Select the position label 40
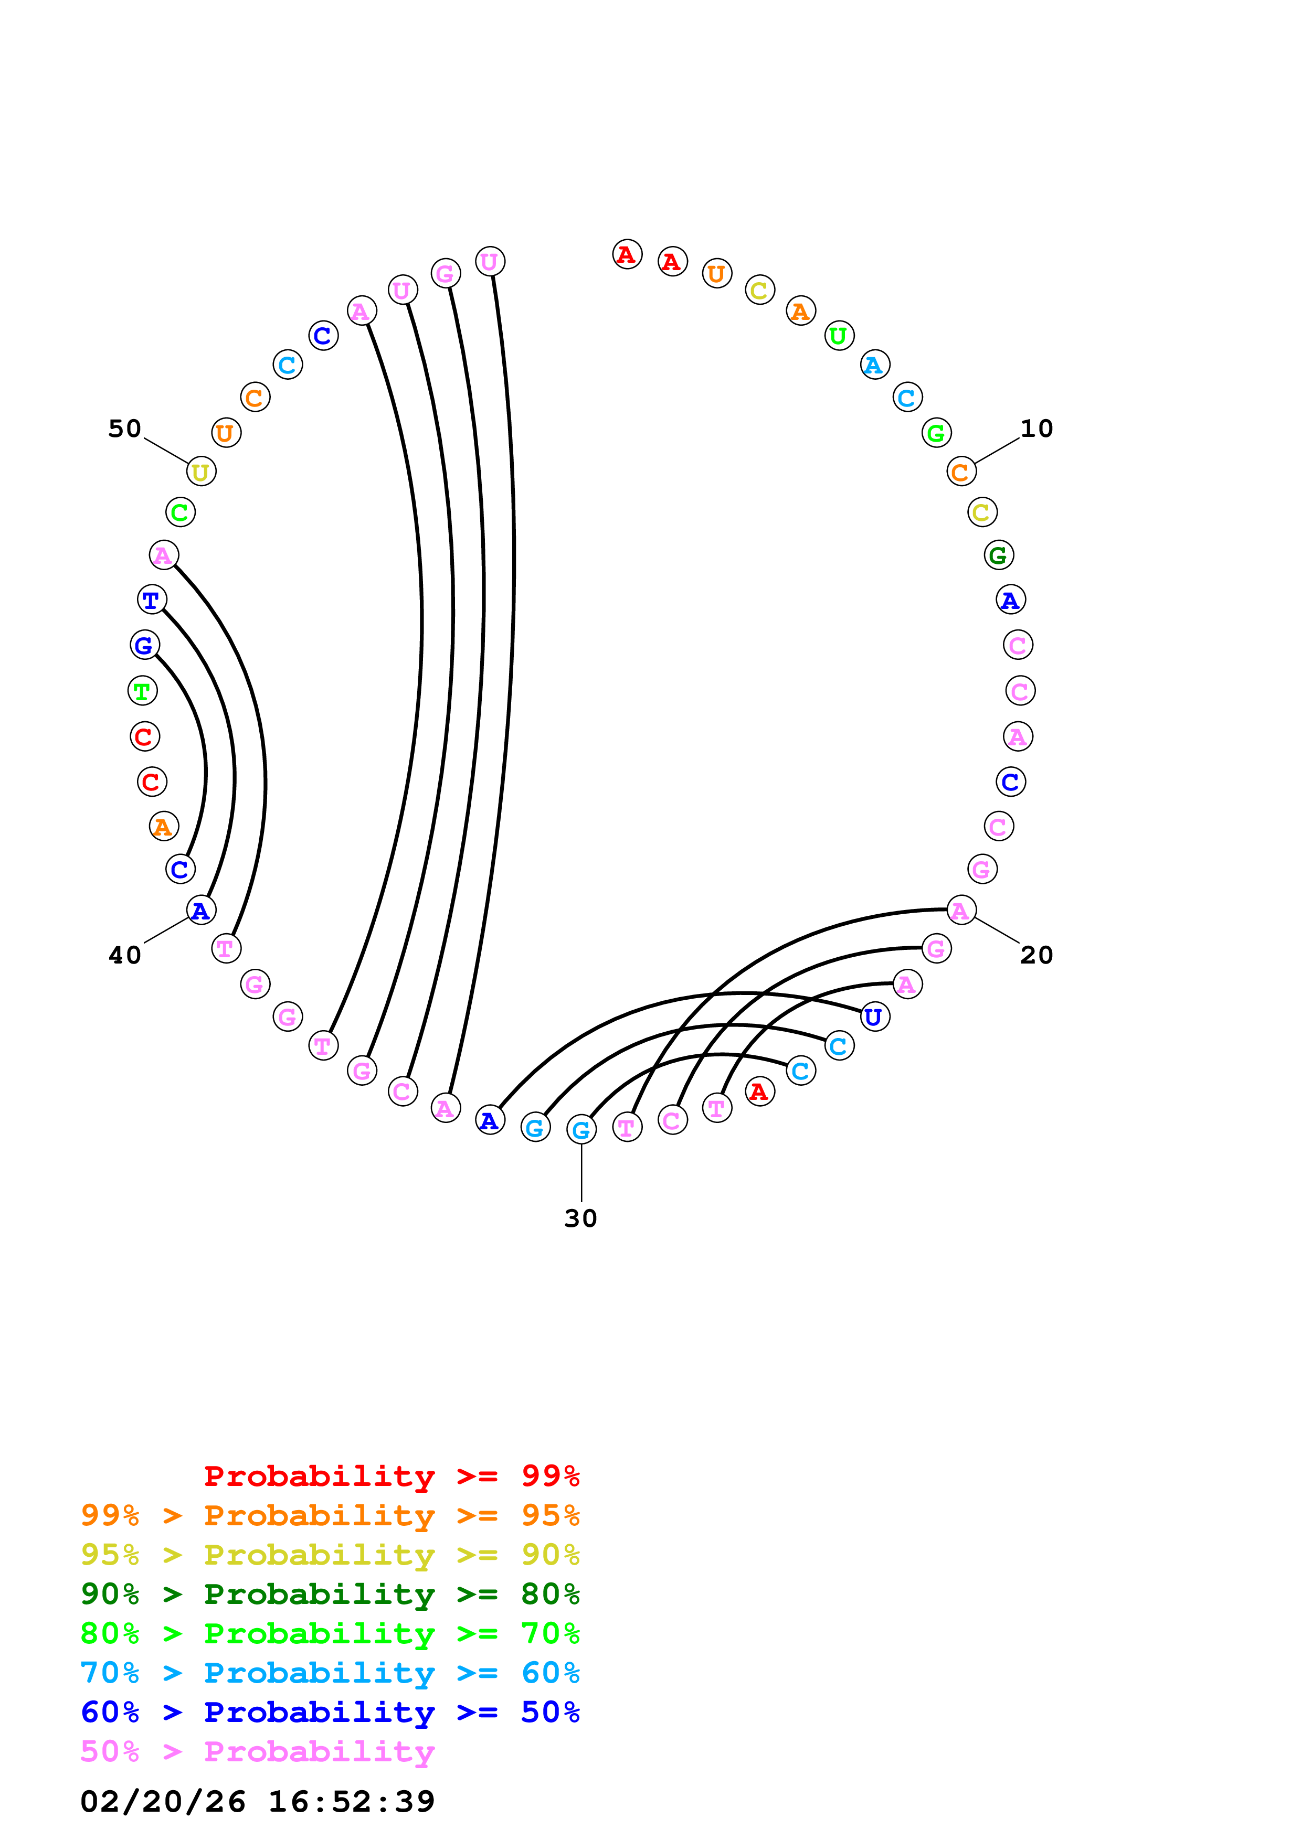pos(125,955)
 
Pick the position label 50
pos(125,429)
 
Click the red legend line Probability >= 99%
pos(391,1476)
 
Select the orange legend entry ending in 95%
pos(330,1515)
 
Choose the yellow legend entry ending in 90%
pos(330,1555)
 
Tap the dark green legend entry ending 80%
pos(330,1594)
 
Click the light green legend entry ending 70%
pos(330,1633)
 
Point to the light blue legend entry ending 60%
pos(330,1673)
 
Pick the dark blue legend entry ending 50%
pos(330,1712)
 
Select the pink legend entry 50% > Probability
pos(257,1751)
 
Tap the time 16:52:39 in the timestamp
pos(351,1801)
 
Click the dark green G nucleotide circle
pos(998,554)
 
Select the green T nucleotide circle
pos(143,691)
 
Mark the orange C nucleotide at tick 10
pos(960,472)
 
